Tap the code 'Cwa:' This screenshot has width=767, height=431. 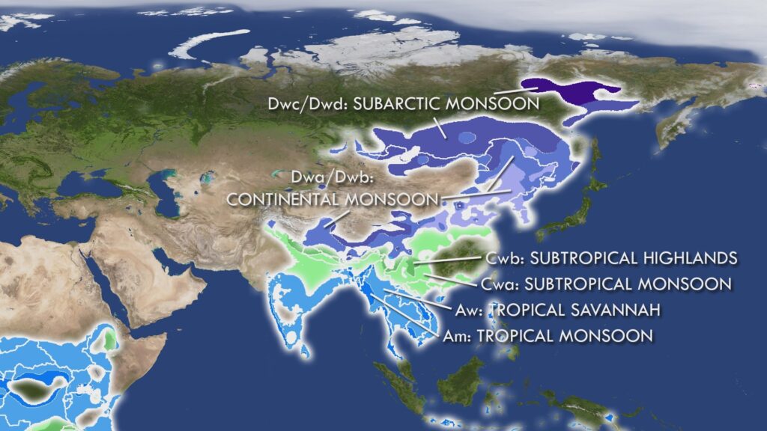tap(498, 284)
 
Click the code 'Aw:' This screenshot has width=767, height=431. tap(472, 310)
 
